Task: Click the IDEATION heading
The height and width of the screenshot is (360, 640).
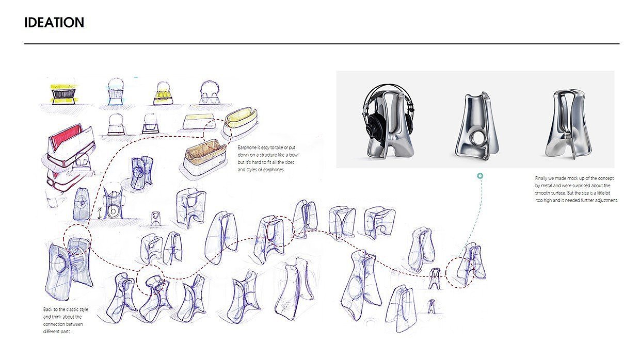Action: click(54, 23)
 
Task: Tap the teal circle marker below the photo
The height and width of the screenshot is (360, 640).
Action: click(480, 176)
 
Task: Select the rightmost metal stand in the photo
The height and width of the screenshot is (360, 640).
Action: click(566, 124)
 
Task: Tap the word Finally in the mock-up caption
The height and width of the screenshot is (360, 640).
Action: click(542, 178)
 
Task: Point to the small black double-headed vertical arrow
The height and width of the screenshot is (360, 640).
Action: click(98, 212)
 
